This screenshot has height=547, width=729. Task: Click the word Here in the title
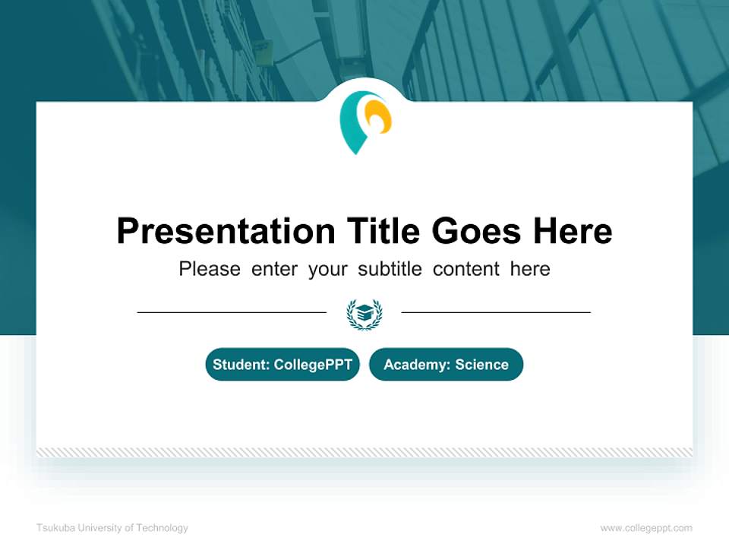(x=572, y=231)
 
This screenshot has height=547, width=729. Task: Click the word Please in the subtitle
(x=210, y=269)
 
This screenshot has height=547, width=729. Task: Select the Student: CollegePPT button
(x=282, y=365)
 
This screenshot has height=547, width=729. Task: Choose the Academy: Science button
(x=446, y=365)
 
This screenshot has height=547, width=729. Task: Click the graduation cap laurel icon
(x=364, y=313)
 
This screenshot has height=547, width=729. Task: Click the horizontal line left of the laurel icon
(x=232, y=312)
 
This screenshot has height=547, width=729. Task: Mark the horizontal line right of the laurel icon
(x=496, y=312)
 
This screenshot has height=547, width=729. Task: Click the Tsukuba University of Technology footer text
(x=112, y=528)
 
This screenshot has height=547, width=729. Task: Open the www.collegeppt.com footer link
(x=646, y=528)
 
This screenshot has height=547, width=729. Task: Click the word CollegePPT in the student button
(x=313, y=365)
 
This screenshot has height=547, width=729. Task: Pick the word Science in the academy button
(x=481, y=365)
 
